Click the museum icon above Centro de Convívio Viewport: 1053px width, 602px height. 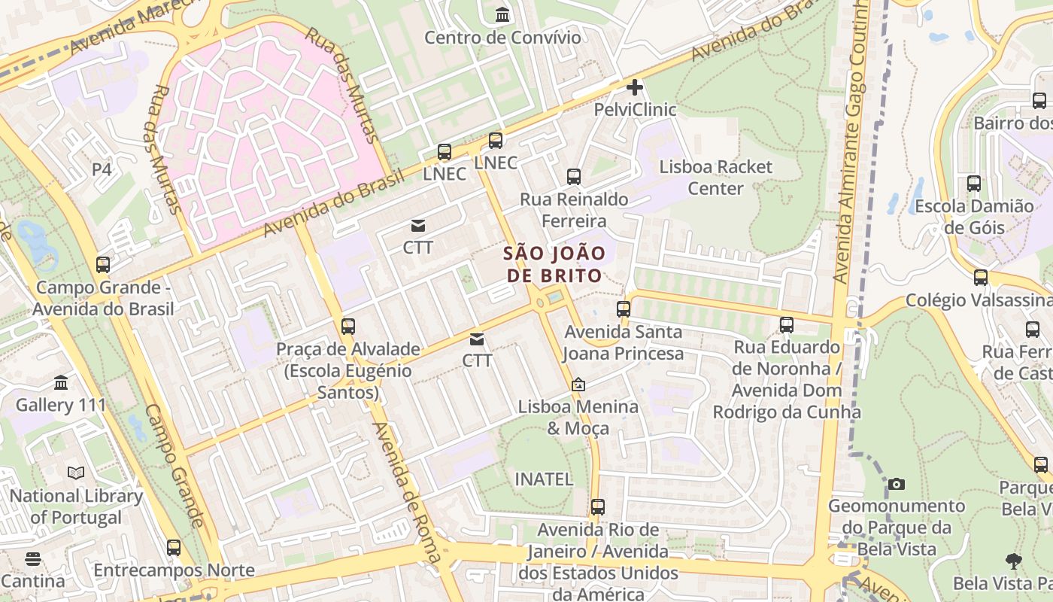(x=502, y=14)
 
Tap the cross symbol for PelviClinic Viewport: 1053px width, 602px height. (x=635, y=87)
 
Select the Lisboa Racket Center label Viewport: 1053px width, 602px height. (x=715, y=178)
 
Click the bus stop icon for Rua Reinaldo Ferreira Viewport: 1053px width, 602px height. (x=574, y=177)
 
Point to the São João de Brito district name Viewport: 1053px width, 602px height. (x=554, y=264)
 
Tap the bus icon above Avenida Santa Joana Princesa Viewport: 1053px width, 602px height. (x=624, y=309)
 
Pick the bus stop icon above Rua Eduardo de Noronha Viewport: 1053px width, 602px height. (x=787, y=325)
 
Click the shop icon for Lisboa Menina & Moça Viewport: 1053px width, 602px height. (x=578, y=385)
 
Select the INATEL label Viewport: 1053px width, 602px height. (x=544, y=479)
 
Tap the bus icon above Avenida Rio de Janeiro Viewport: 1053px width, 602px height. (x=598, y=507)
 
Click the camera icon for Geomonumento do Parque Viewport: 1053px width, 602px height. (x=896, y=484)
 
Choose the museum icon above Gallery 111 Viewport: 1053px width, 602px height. (x=61, y=383)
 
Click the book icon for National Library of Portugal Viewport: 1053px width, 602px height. (x=76, y=473)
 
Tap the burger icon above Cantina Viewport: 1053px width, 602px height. (x=32, y=559)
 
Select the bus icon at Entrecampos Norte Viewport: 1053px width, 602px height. (x=174, y=548)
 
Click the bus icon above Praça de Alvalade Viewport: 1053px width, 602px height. (x=347, y=327)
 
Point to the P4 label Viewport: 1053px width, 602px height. (x=102, y=169)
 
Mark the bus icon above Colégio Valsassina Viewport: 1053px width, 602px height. (x=980, y=278)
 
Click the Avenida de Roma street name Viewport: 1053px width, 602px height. (x=406, y=493)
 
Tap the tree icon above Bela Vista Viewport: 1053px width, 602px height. (x=1014, y=561)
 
